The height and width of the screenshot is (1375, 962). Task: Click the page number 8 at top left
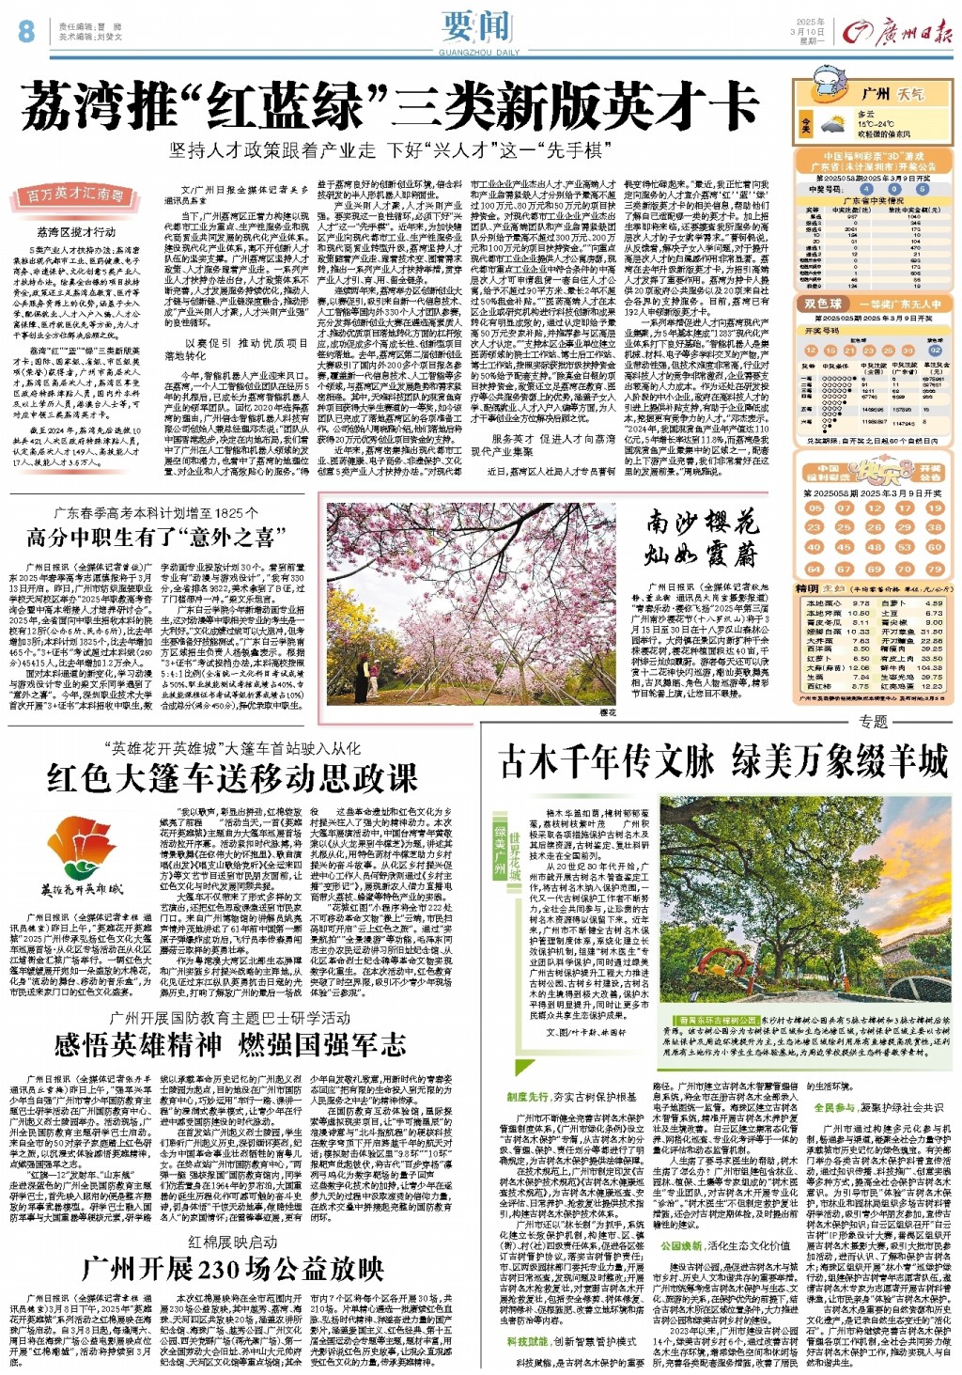(x=25, y=31)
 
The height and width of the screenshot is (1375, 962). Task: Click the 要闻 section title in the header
(x=481, y=25)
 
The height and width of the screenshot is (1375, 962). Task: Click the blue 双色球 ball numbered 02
(x=935, y=350)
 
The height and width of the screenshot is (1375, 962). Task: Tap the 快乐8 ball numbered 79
(x=935, y=569)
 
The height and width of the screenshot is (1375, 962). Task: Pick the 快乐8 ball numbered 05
(x=814, y=508)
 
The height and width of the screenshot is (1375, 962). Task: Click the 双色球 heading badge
(x=823, y=305)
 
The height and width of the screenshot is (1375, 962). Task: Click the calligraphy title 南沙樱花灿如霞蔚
(x=701, y=538)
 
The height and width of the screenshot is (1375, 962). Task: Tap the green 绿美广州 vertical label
(x=500, y=848)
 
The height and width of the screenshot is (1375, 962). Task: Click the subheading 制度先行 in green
(x=527, y=1097)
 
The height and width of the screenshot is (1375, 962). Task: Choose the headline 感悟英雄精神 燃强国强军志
(x=230, y=1044)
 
